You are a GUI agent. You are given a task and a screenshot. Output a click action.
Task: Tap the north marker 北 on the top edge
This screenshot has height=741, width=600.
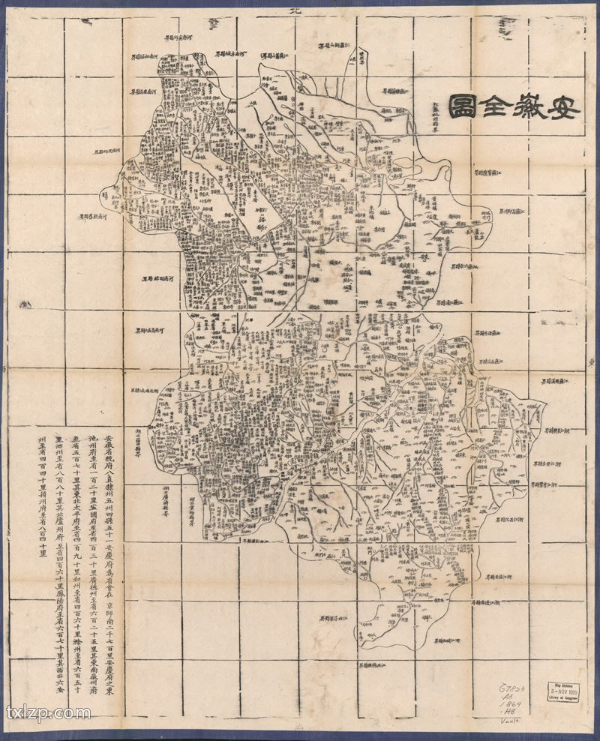pos(294,10)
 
